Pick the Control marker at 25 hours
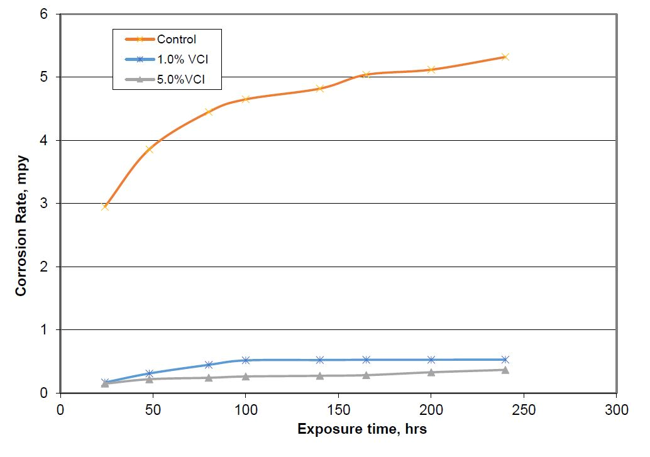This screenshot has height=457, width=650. pos(105,206)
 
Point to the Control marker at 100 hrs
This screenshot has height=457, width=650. pos(246,99)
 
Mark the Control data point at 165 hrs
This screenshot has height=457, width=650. pos(366,75)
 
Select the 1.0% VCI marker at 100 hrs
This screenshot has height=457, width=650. pos(246,360)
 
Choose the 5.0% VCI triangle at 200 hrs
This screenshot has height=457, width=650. pos(431,372)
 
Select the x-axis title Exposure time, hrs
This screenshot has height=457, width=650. pos(362,430)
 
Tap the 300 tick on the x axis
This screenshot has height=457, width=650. pos(616,409)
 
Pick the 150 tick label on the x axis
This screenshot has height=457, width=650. pos(338,409)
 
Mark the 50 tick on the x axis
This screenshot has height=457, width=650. pos(153,409)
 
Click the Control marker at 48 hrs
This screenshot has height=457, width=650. pos(150,150)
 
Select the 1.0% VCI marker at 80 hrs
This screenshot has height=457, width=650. pos(209,365)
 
